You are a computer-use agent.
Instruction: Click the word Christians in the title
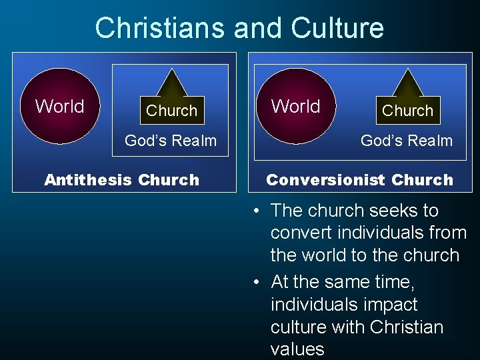coord(159,28)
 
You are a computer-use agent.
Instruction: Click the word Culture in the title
coord(337,28)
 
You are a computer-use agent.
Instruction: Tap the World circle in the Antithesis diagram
coord(60,106)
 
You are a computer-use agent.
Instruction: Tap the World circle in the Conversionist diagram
coord(296,106)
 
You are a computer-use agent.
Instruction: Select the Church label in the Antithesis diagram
coord(172,111)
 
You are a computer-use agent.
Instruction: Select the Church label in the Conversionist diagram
coord(407,111)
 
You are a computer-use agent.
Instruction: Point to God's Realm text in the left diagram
coord(171,141)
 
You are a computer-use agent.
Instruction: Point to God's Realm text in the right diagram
coord(406,141)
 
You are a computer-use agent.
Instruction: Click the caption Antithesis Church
coord(121,180)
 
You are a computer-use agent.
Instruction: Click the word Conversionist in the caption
coord(326,180)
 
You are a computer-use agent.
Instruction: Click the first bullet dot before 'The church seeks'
coord(257,211)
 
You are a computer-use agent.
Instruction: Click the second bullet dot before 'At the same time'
coord(257,283)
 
